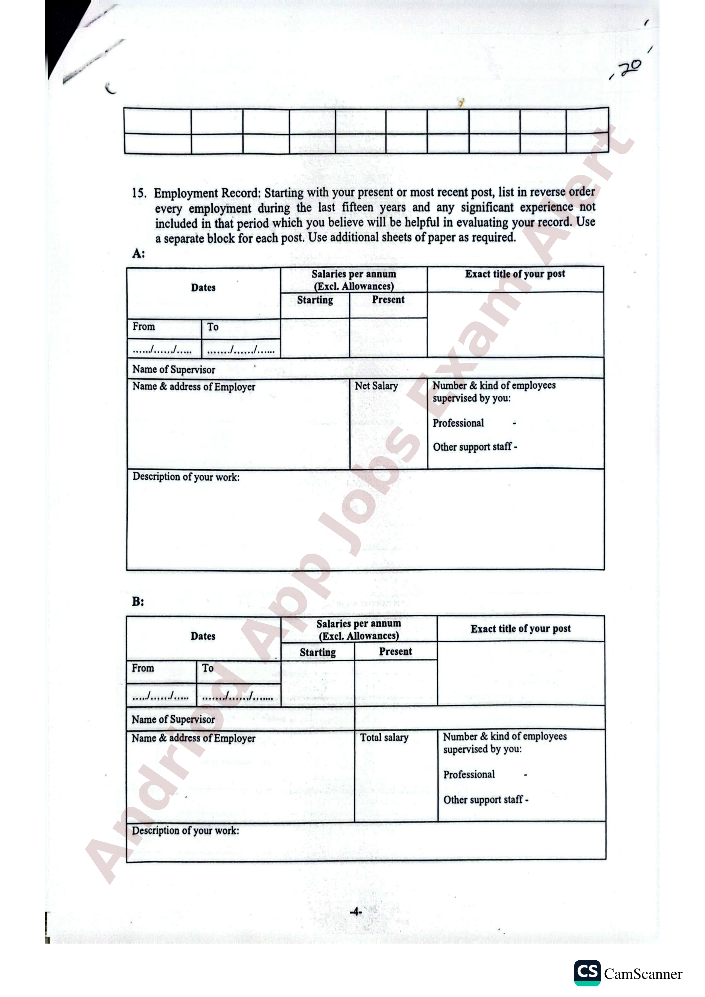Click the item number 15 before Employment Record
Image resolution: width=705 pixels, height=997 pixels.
tap(139, 193)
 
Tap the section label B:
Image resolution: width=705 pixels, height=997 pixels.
tap(138, 601)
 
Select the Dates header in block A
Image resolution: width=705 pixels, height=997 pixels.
tap(203, 288)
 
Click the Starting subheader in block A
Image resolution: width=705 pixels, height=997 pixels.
tap(315, 300)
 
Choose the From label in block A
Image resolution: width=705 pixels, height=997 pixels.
tap(144, 326)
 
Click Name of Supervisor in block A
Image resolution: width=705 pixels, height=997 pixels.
tap(174, 370)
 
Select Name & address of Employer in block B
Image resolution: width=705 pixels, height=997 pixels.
tap(193, 738)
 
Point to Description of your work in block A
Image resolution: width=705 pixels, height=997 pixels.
tap(186, 477)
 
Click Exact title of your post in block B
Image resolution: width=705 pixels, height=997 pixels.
tap(521, 629)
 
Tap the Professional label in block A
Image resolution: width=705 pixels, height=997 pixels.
tap(458, 423)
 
